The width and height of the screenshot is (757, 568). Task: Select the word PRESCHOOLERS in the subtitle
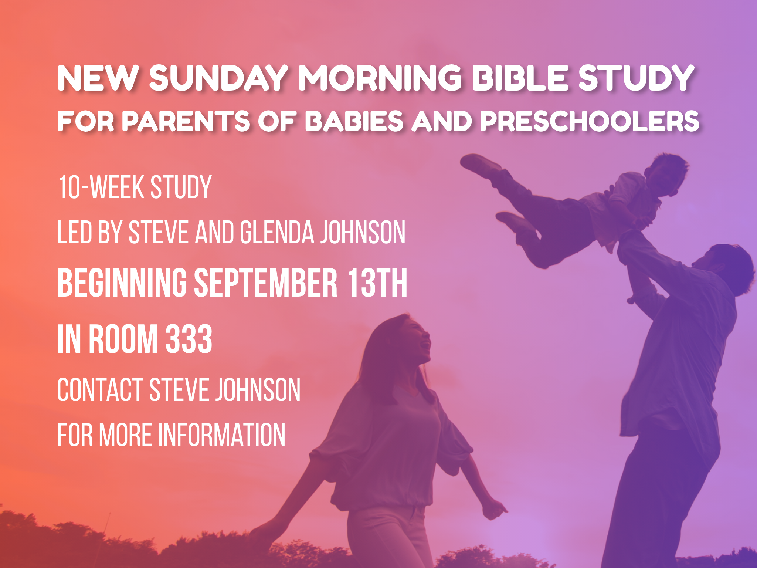pos(590,121)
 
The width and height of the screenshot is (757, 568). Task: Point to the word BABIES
pos(354,121)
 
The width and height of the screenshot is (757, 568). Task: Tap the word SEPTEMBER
pos(265,283)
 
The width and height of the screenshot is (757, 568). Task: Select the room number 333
pos(189,339)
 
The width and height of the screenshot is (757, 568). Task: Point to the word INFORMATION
pos(222,435)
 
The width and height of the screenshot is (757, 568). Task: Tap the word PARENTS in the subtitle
pos(186,121)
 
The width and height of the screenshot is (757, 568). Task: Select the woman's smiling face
pos(420,340)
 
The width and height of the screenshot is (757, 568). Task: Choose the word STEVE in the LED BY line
pos(159,232)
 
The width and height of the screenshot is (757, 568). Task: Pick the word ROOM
pos(123,339)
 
